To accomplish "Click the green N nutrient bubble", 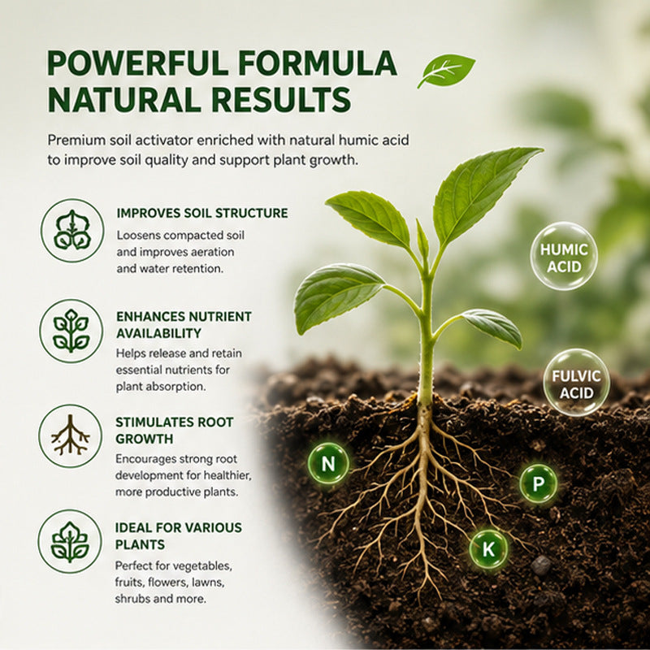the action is (x=328, y=463).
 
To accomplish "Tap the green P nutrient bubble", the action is (x=538, y=483).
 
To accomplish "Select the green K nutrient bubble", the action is (x=488, y=549).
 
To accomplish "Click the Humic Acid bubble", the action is (x=564, y=256).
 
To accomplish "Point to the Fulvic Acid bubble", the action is (x=576, y=382).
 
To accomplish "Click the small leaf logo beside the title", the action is (x=446, y=71).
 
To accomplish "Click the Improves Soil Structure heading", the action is (x=202, y=213).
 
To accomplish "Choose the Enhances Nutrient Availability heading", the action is (x=184, y=324).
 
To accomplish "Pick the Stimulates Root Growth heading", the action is (x=175, y=431).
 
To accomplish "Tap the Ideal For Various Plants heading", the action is (x=179, y=535).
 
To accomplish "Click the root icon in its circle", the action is (x=70, y=436).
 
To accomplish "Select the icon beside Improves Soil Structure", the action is (x=72, y=231).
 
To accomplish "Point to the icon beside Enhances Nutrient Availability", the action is (x=71, y=331).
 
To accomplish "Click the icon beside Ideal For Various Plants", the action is (x=70, y=541).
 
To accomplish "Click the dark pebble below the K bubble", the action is (x=541, y=565).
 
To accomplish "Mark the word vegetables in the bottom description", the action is (x=201, y=566).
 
